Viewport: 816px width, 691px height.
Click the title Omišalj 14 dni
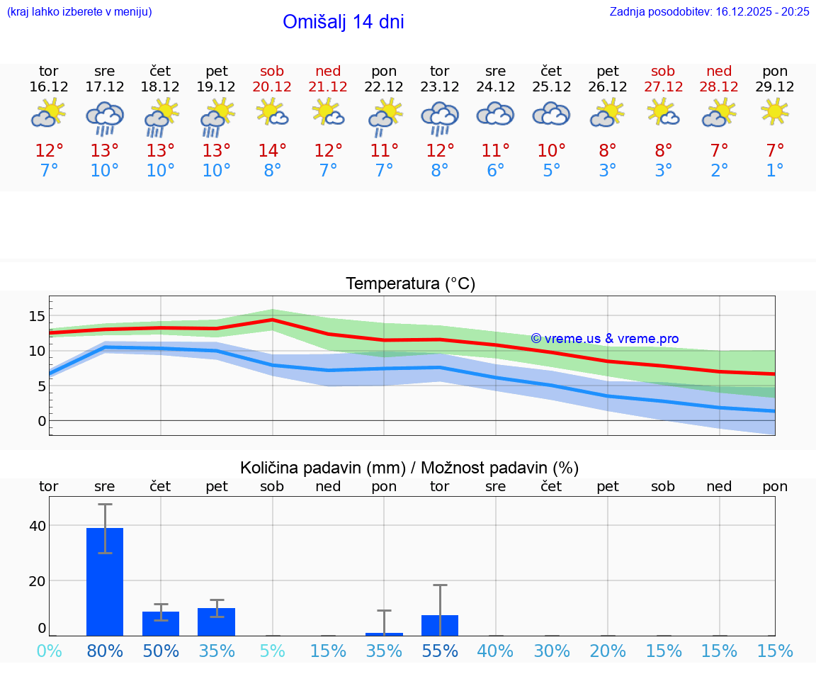pyautogui.click(x=344, y=22)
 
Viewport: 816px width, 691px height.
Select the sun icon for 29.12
pyautogui.click(x=775, y=112)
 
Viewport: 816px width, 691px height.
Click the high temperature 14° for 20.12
pyautogui.click(x=272, y=150)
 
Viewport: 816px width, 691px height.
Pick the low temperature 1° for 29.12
pyautogui.click(x=775, y=171)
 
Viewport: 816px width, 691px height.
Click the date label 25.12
pyautogui.click(x=551, y=87)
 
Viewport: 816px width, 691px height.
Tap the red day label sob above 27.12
pyautogui.click(x=663, y=72)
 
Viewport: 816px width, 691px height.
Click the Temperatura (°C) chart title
pyautogui.click(x=410, y=284)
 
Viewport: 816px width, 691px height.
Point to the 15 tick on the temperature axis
pyautogui.click(x=37, y=316)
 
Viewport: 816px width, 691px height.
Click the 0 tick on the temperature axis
pyautogui.click(x=42, y=421)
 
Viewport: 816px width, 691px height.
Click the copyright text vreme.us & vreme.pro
pyautogui.click(x=605, y=339)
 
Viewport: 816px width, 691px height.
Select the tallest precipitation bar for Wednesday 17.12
pyautogui.click(x=105, y=581)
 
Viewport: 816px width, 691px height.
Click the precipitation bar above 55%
pyautogui.click(x=440, y=625)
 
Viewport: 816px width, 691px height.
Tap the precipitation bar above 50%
pyautogui.click(x=161, y=624)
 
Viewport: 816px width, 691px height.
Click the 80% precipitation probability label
pyautogui.click(x=105, y=651)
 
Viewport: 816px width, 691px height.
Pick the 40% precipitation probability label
pyautogui.click(x=496, y=651)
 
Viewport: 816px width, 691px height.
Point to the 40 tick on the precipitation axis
pyautogui.click(x=37, y=526)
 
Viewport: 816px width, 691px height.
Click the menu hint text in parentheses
pyautogui.click(x=79, y=12)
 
